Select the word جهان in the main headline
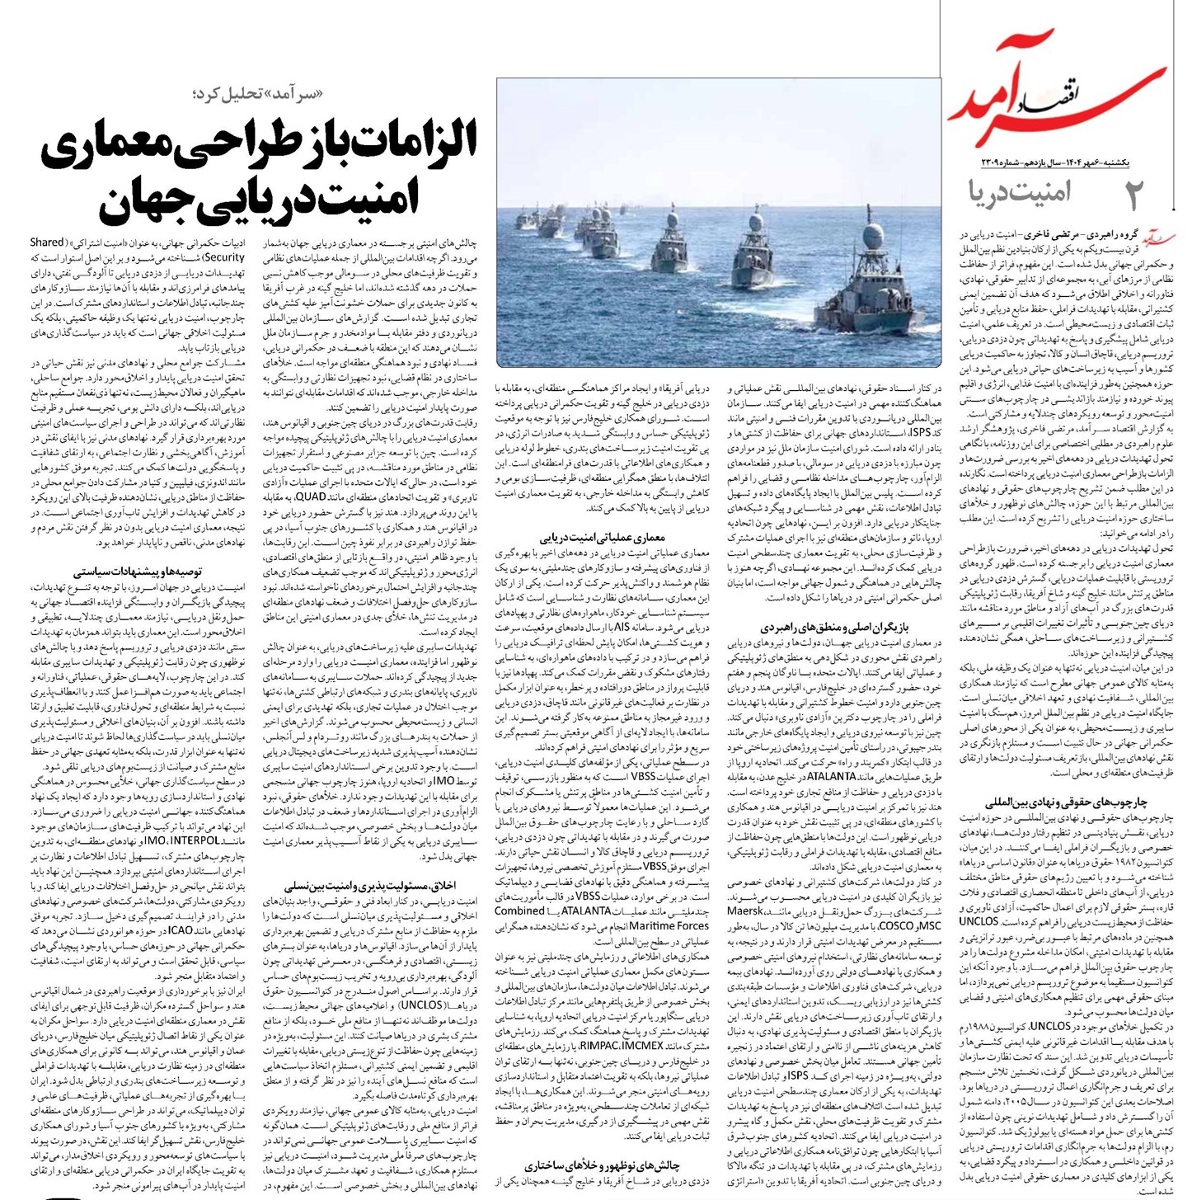pos(145,200)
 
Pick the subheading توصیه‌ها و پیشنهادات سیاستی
pos(138,571)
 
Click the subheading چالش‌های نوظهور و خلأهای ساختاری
pos(603,1165)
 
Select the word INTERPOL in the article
pos(195,840)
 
